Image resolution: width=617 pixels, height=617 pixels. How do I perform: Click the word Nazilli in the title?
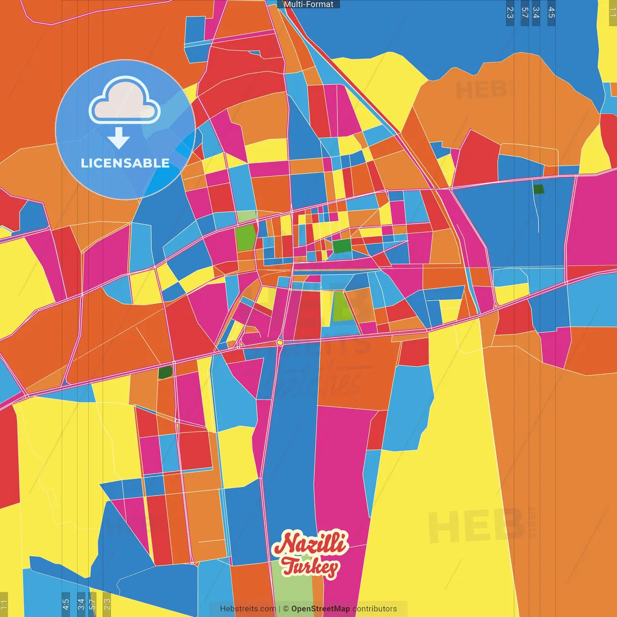coord(309,543)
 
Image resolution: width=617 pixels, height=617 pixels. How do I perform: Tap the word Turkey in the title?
coord(310,567)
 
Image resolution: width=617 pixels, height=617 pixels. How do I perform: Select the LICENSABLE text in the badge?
coord(125,163)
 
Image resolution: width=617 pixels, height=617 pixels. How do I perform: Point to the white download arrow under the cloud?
coord(119,138)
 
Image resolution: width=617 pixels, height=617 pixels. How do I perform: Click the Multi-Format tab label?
coord(308,4)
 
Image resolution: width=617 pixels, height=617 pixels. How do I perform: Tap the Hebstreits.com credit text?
coord(248,609)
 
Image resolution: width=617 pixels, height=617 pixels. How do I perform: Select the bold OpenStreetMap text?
coord(320,609)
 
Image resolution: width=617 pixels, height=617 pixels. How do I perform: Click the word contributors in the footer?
coord(375,609)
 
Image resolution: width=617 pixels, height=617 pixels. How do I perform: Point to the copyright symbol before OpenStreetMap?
coord(286,609)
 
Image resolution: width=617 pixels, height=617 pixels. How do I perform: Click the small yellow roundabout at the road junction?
coord(280,342)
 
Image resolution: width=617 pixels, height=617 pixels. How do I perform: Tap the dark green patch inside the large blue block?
coord(538,189)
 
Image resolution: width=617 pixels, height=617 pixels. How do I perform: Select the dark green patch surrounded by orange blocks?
coord(165,372)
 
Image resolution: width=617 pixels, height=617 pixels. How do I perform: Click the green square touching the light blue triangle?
coord(342,246)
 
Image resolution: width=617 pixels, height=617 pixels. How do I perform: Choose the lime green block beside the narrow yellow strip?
coord(343,307)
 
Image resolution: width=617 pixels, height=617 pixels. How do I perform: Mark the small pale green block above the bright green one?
coord(246,216)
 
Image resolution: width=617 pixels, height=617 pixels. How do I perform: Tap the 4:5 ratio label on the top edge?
coord(551,13)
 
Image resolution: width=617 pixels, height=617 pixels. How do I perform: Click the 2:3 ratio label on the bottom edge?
coord(107,604)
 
